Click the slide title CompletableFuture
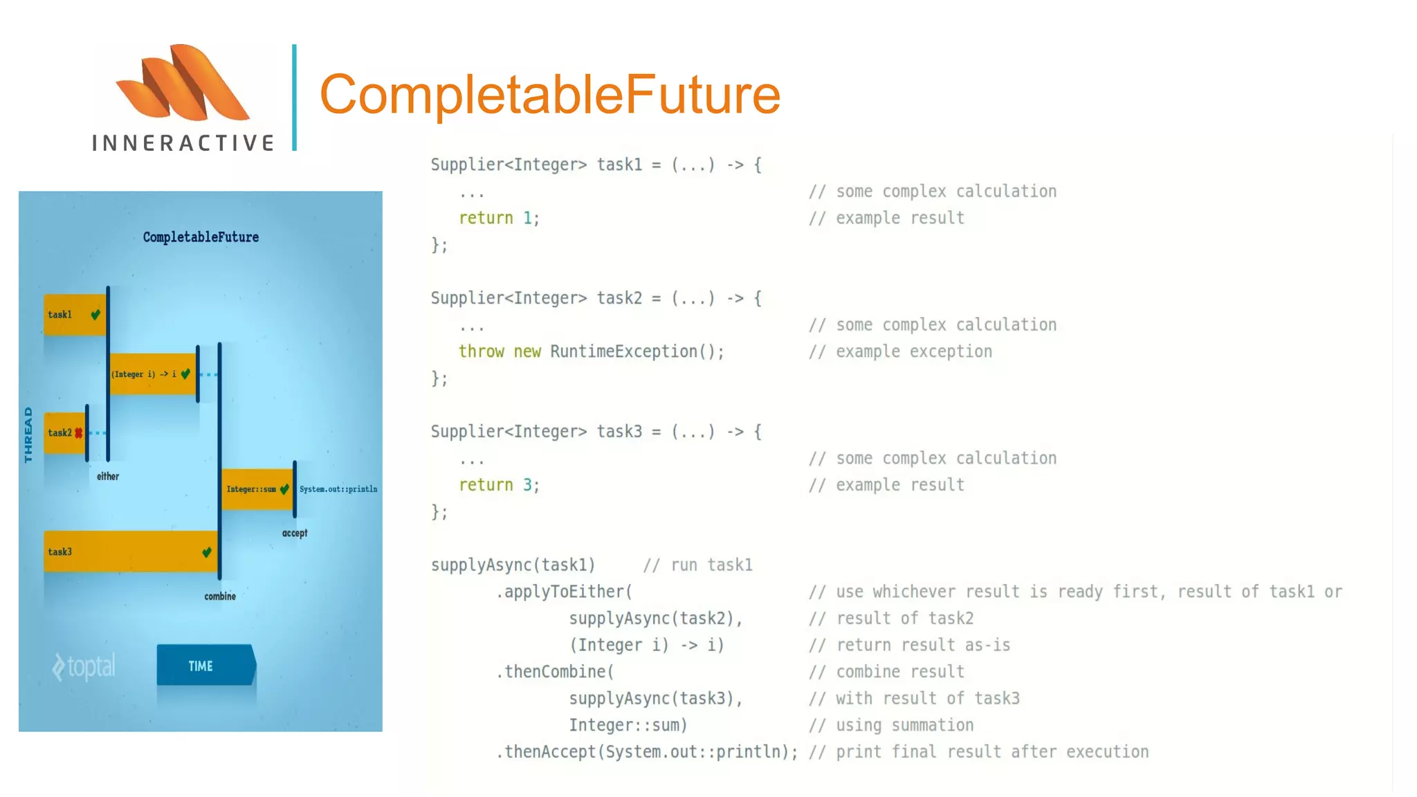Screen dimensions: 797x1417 pos(549,95)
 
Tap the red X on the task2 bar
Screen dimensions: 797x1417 pos(79,433)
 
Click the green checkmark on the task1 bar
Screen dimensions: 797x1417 pos(95,315)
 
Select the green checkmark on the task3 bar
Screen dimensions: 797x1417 pos(207,552)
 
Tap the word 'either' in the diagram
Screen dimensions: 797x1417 pos(108,477)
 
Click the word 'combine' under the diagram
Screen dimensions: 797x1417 pos(220,596)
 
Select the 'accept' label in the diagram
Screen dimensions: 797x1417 pos(295,533)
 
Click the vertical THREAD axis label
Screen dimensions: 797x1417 pos(28,434)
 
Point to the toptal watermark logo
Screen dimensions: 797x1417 pos(84,667)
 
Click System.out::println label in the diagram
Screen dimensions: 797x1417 pos(338,489)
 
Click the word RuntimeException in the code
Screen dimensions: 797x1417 pos(623,351)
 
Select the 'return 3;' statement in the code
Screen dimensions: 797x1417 pos(499,485)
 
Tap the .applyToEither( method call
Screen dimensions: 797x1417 pos(564,592)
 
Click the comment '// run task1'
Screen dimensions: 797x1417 pos(697,565)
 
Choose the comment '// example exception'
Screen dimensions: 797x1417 pos(900,351)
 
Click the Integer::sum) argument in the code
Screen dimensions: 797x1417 pos(628,725)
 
